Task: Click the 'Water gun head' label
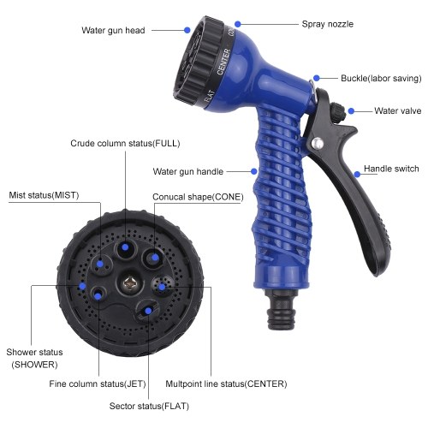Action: [x=113, y=30]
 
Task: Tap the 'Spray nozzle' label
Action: [x=328, y=24]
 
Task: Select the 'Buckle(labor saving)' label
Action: [x=381, y=78]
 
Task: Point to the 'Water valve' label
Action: [x=398, y=110]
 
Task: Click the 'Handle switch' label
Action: [x=391, y=169]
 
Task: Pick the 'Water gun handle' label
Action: [x=188, y=171]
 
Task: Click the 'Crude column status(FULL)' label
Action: [x=125, y=143]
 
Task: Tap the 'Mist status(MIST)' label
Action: [x=44, y=195]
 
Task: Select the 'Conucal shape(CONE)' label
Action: [x=198, y=197]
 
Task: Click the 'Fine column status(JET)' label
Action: [x=98, y=383]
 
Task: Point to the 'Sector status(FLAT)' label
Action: [x=149, y=406]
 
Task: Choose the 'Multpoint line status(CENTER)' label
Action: [x=226, y=383]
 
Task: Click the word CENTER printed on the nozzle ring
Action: [x=223, y=62]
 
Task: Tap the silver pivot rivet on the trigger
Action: [x=318, y=143]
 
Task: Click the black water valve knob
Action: [x=338, y=112]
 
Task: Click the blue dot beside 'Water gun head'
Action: [x=187, y=30]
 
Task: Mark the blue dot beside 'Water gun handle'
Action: [x=254, y=171]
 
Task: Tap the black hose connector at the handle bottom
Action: [x=281, y=309]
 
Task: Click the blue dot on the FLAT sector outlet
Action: [x=148, y=311]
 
